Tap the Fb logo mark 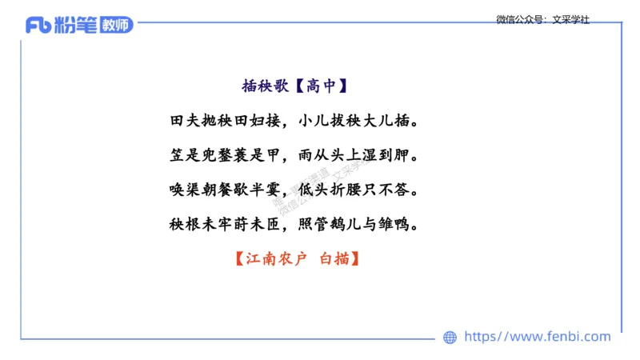click(x=38, y=26)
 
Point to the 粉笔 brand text click(x=74, y=26)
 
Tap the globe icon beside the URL click(x=450, y=337)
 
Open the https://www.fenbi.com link click(x=538, y=337)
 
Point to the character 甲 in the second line click(x=270, y=156)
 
